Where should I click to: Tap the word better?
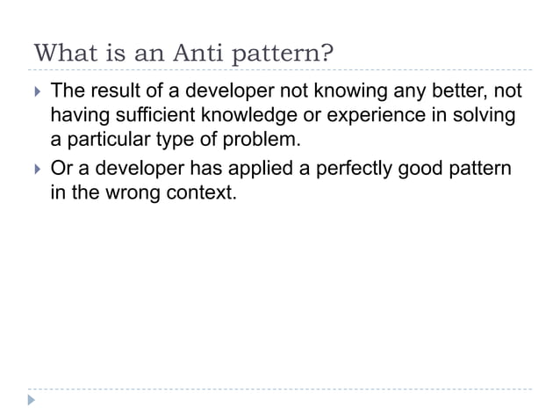[451, 91]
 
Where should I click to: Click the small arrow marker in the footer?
[32, 401]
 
